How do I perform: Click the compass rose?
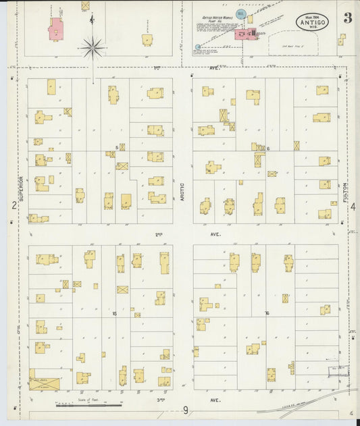tap(92, 47)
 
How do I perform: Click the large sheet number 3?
tap(346, 18)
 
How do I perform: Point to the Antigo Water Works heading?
tap(217, 18)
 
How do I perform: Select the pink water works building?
tap(242, 34)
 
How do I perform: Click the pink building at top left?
tap(55, 29)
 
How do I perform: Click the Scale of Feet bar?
tap(88, 404)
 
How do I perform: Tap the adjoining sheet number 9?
tap(184, 410)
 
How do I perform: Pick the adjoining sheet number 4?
tap(353, 207)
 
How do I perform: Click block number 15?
tap(115, 313)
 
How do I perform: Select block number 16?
tap(267, 313)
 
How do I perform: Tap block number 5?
tap(117, 147)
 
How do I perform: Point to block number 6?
tap(268, 149)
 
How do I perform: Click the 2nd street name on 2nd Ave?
tap(159, 234)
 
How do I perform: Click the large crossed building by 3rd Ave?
tap(44, 383)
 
